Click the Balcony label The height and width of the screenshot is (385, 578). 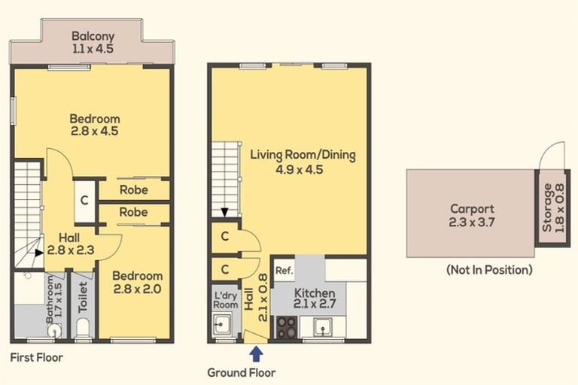[x=93, y=35]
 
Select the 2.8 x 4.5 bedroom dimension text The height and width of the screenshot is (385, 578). [x=95, y=131]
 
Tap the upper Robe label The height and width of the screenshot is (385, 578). [x=133, y=190]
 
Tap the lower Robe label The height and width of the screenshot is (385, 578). [x=133, y=213]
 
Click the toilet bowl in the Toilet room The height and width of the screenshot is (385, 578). [x=83, y=326]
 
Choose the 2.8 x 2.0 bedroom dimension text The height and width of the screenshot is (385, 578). [x=138, y=289]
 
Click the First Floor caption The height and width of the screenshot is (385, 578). [x=37, y=358]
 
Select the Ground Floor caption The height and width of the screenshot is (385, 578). [x=242, y=372]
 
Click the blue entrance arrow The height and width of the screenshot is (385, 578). [x=257, y=352]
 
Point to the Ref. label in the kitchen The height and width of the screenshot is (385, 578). [x=284, y=270]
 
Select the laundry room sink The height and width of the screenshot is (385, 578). [x=221, y=325]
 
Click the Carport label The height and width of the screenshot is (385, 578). [x=472, y=209]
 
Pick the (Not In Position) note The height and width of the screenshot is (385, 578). [x=488, y=269]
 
